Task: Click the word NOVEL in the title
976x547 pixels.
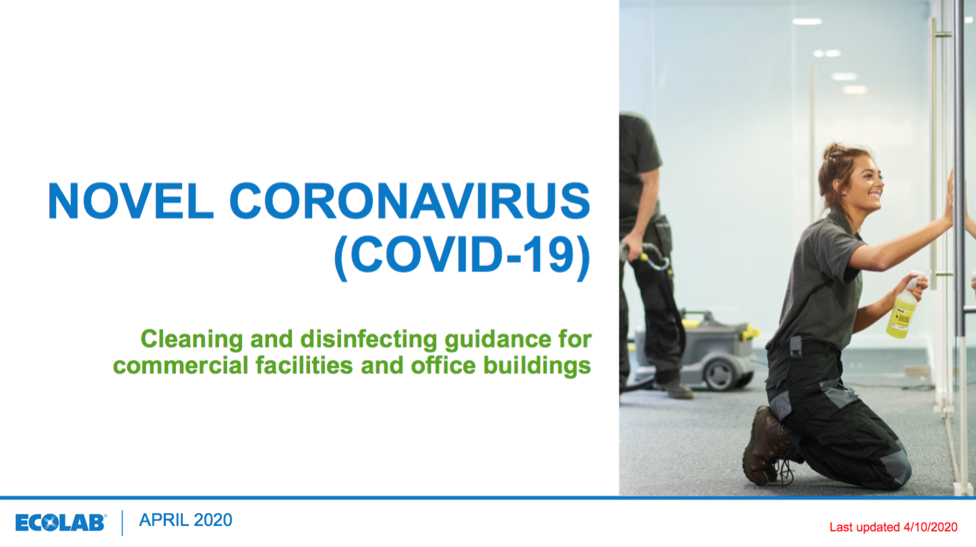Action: click(130, 201)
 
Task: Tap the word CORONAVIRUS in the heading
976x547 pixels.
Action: click(410, 201)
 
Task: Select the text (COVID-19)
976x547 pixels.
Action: click(462, 256)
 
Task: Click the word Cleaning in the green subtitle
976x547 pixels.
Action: click(191, 340)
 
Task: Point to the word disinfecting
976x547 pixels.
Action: click(369, 340)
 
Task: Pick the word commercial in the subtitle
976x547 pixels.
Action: click(181, 365)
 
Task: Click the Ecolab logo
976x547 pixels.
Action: click(61, 523)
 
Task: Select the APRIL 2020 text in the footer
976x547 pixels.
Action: click(185, 521)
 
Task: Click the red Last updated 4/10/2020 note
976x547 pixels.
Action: click(893, 527)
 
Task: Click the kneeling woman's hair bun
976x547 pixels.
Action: click(833, 152)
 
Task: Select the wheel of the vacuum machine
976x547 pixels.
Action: click(721, 374)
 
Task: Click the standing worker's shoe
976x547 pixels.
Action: click(675, 389)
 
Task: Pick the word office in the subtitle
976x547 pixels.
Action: click(443, 365)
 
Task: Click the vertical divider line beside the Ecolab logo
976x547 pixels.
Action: click(123, 523)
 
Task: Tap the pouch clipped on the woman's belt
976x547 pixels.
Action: click(795, 347)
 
